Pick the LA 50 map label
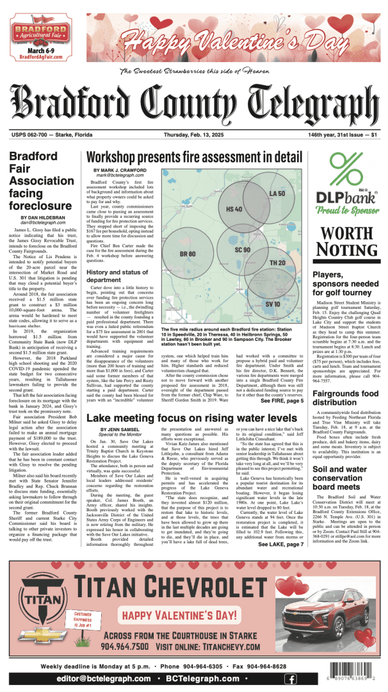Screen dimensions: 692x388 (x=277, y=193)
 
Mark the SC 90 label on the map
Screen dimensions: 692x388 (x=243, y=249)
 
